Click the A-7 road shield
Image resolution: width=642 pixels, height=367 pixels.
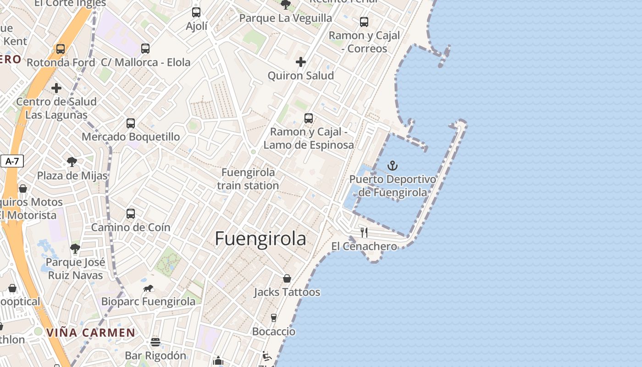pyautogui.click(x=12, y=161)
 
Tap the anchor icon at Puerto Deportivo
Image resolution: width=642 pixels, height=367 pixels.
pyautogui.click(x=393, y=166)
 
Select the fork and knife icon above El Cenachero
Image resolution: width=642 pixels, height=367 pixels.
pyautogui.click(x=364, y=232)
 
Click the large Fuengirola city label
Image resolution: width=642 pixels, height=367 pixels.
pyautogui.click(x=260, y=239)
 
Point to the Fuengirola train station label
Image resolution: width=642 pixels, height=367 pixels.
pyautogui.click(x=248, y=179)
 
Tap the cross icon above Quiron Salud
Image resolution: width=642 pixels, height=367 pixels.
pyautogui.click(x=301, y=61)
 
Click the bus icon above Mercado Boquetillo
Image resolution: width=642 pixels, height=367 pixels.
pyautogui.click(x=131, y=123)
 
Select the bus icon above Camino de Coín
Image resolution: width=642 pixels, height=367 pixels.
pyautogui.click(x=131, y=213)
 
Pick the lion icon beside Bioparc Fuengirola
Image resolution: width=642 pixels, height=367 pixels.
pyautogui.click(x=148, y=288)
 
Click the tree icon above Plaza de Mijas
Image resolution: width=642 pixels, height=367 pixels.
pyautogui.click(x=72, y=161)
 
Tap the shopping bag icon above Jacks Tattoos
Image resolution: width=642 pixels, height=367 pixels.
pyautogui.click(x=287, y=278)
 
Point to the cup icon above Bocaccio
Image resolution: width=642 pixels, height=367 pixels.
pyautogui.click(x=274, y=317)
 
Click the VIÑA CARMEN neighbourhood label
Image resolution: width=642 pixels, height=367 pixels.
pyautogui.click(x=91, y=333)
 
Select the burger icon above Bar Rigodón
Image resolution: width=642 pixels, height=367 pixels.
pyautogui.click(x=155, y=342)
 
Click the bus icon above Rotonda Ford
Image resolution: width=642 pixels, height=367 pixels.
pyautogui.click(x=61, y=49)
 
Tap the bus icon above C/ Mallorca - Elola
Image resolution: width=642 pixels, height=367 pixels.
pyautogui.click(x=145, y=48)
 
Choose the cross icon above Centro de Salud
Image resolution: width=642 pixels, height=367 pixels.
pyautogui.click(x=56, y=88)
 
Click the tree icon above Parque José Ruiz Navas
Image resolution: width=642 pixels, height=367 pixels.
pyautogui.click(x=75, y=249)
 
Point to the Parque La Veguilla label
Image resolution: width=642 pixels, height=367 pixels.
pyautogui.click(x=286, y=18)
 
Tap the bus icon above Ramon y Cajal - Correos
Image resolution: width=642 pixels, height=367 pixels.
pyautogui.click(x=364, y=22)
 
